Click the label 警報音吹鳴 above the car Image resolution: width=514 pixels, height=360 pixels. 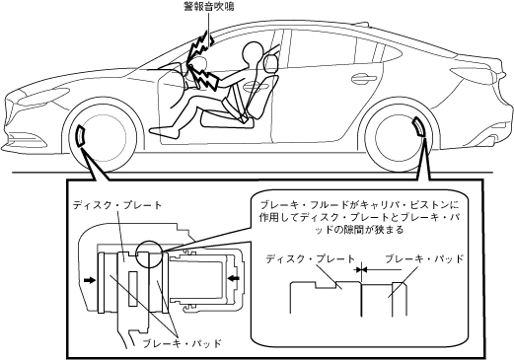[x=209, y=7]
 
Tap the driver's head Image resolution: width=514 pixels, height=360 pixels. [x=254, y=52]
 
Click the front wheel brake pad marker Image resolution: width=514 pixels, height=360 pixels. [x=81, y=135]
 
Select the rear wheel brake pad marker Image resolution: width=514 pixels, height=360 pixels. [x=419, y=127]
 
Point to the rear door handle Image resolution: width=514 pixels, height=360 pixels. [x=364, y=79]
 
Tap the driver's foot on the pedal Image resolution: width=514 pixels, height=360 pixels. [x=165, y=131]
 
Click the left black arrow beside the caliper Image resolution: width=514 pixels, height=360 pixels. [x=90, y=280]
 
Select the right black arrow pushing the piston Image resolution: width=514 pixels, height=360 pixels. [x=234, y=278]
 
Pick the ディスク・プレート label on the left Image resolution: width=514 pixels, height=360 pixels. [x=117, y=205]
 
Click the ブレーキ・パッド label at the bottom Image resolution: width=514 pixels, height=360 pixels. [x=183, y=344]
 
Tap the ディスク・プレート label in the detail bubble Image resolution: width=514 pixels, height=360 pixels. [x=311, y=259]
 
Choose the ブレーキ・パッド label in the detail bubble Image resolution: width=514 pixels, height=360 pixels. [x=424, y=258]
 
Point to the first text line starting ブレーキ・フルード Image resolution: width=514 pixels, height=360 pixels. [x=359, y=205]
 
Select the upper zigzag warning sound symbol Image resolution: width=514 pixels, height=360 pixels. [x=200, y=46]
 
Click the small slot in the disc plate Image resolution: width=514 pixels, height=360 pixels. [x=133, y=288]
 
